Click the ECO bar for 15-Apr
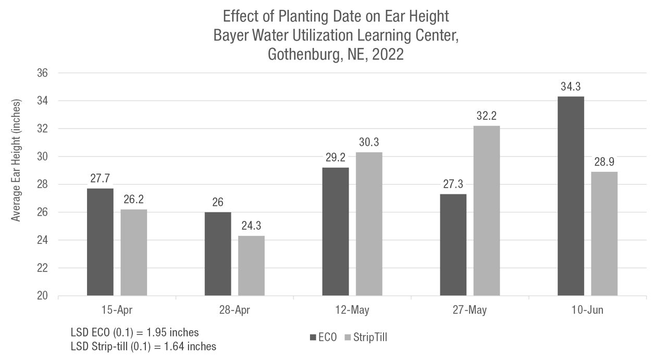[100, 242]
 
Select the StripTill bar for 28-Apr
[251, 266]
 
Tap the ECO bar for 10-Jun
[571, 196]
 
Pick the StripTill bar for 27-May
[486, 210]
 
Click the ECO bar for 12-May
[336, 232]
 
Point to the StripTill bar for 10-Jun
[604, 234]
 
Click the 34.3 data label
[571, 87]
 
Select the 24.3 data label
[251, 227]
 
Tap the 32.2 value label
[486, 116]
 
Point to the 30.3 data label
[369, 143]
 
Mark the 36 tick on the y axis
[42, 73]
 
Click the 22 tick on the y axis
[42, 268]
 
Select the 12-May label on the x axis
[352, 311]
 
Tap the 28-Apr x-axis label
[234, 311]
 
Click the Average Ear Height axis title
[17, 159]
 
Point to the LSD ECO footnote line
[134, 332]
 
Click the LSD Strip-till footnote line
[143, 345]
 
